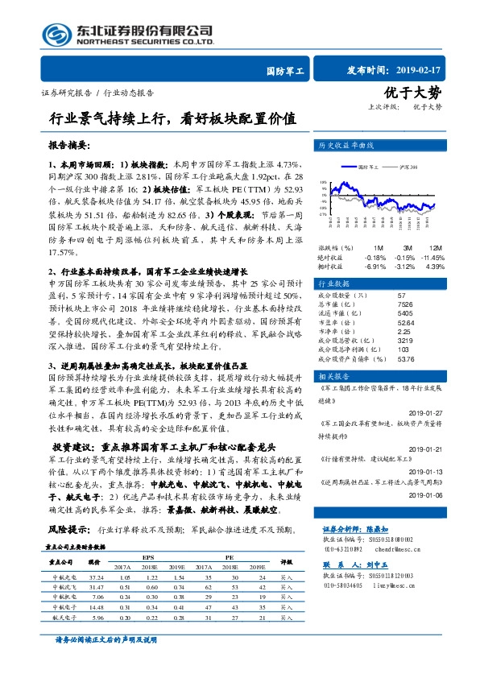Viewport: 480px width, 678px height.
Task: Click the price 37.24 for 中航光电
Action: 97,578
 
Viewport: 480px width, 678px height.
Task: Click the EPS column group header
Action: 148,556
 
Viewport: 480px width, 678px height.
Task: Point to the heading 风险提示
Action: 68,531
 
